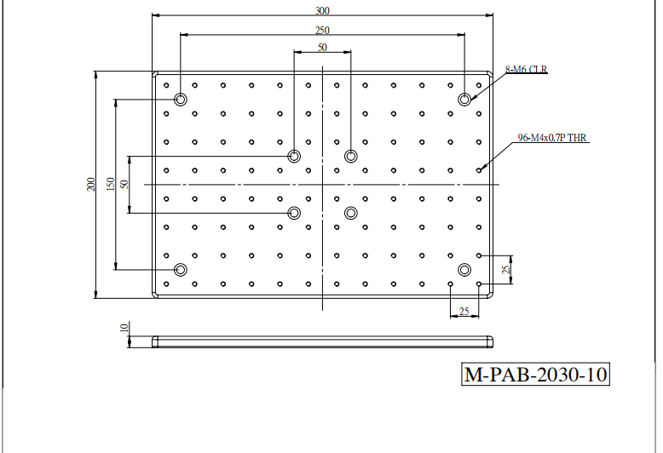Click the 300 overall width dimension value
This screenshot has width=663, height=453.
(x=322, y=10)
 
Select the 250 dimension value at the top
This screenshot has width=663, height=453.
(x=322, y=31)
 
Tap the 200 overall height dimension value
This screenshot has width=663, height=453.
(x=91, y=184)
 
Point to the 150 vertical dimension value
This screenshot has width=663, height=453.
(x=111, y=184)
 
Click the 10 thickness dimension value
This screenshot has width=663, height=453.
(x=124, y=328)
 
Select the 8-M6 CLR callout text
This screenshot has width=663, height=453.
(x=526, y=69)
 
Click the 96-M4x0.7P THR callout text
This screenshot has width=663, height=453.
(x=552, y=138)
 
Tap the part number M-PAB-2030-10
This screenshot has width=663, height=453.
(x=535, y=375)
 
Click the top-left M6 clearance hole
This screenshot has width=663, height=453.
(x=181, y=100)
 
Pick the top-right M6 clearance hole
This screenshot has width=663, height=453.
(x=464, y=100)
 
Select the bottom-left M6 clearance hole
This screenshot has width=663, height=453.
(x=181, y=270)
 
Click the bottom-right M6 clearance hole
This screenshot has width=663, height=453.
(x=464, y=270)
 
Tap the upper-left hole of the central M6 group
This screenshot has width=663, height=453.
(x=294, y=157)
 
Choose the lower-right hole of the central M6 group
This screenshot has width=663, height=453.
(x=351, y=213)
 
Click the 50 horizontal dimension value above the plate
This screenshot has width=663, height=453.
(x=322, y=48)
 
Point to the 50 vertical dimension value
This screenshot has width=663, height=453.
(x=124, y=184)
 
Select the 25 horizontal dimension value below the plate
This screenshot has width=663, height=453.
(x=464, y=312)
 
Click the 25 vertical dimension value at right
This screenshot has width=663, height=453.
(x=506, y=270)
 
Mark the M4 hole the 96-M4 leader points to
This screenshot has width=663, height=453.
(x=479, y=170)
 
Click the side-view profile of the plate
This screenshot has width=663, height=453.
(x=323, y=341)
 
